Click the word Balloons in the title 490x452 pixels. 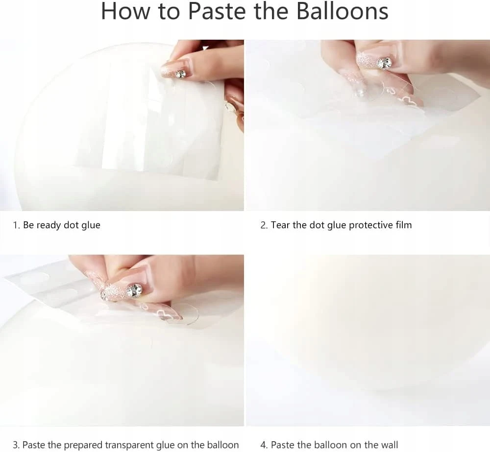(x=342, y=11)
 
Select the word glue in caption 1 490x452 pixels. (x=91, y=225)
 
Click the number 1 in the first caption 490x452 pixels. (x=15, y=225)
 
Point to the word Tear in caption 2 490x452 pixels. (x=280, y=225)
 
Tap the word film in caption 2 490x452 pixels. (x=403, y=225)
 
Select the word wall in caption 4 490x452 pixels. (x=390, y=445)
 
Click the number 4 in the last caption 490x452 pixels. (x=264, y=445)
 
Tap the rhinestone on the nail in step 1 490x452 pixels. (x=180, y=74)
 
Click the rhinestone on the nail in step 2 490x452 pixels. (x=384, y=63)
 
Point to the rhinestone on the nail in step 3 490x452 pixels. (x=135, y=290)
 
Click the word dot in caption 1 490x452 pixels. (x=71, y=225)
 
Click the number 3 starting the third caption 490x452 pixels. (x=16, y=445)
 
